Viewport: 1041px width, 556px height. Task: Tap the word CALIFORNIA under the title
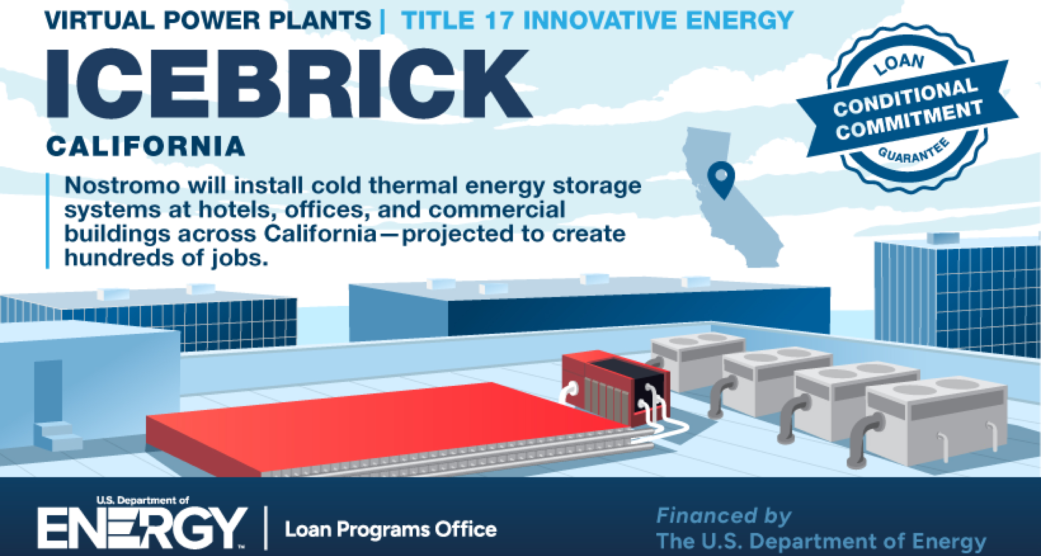point(146,146)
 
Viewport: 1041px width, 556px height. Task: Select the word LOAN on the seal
point(899,64)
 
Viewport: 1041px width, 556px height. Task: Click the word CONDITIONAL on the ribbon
point(905,98)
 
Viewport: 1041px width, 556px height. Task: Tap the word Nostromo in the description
point(122,185)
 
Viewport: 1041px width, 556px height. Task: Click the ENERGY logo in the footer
point(142,528)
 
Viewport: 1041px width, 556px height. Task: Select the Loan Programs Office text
point(391,530)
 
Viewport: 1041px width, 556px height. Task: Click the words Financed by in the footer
point(723,515)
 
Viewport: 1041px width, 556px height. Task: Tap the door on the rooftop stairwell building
point(48,391)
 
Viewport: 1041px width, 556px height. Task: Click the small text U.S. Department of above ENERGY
point(142,500)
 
